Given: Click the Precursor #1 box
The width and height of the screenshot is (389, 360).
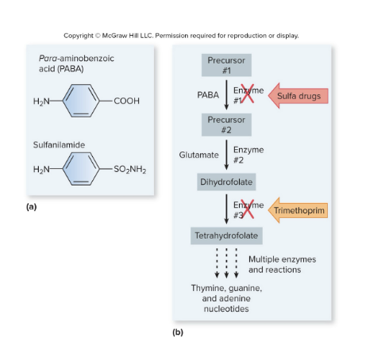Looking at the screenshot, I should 225,64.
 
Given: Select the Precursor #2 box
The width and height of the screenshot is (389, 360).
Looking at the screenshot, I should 225,123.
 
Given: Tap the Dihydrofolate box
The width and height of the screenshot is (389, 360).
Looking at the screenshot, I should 226,183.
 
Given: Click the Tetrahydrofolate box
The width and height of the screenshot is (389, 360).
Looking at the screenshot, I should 226,236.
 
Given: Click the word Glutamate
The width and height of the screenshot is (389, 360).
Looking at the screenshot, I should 198,155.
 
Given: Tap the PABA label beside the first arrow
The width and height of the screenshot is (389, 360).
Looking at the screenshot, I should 207,95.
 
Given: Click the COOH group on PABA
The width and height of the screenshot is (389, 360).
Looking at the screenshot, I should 128,101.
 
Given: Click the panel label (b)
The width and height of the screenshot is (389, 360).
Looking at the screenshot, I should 178,331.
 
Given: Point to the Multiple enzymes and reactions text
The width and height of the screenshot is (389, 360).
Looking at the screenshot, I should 282,264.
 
